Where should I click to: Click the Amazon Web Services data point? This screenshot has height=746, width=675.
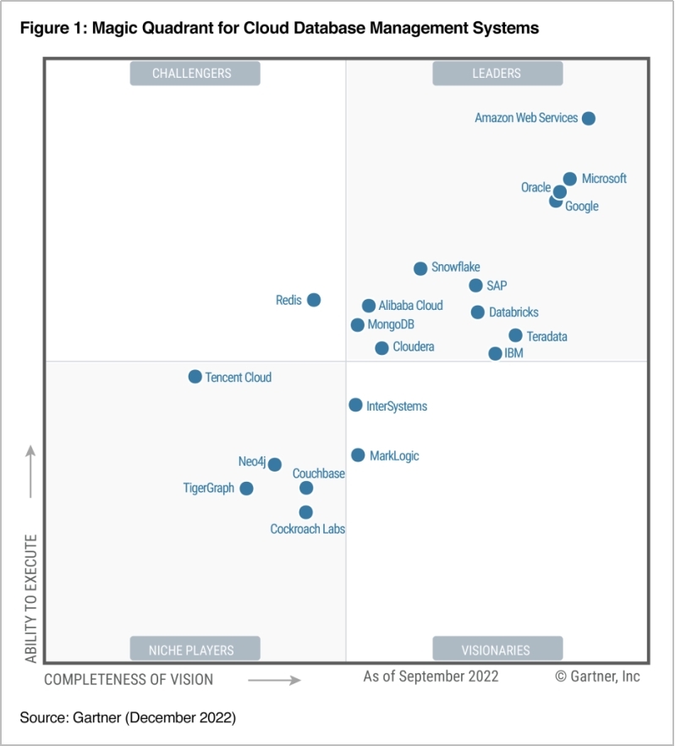point(589,119)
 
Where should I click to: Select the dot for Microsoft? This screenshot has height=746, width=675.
point(570,179)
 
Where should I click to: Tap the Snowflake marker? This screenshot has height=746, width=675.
point(420,268)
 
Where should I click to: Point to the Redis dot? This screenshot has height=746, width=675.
point(314,300)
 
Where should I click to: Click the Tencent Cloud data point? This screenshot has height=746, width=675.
point(195,377)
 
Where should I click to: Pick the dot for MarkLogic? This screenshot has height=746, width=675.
point(359,456)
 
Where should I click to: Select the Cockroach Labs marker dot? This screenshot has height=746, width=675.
point(306,512)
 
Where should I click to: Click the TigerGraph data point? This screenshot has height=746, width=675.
point(246,489)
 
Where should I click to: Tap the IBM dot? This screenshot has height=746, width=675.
point(496,353)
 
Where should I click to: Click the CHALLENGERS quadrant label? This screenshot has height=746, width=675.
point(195,74)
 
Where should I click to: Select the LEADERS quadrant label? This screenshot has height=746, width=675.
point(497,74)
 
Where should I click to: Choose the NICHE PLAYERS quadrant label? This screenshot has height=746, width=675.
point(195,649)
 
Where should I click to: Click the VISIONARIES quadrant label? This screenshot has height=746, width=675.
point(497,649)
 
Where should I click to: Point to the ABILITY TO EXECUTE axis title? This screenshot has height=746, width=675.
point(31,598)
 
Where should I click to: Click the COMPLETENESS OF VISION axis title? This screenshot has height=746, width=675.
point(129,679)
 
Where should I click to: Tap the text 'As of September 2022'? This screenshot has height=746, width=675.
point(431,676)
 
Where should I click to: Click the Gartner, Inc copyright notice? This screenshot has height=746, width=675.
point(597,676)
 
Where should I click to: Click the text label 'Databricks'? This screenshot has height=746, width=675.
point(513,312)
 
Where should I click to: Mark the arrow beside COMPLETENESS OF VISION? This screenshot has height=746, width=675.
point(275,680)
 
